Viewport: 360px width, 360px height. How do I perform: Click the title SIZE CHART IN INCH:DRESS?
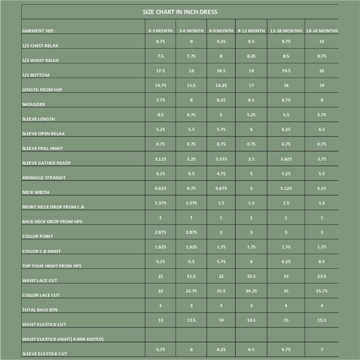[180, 12]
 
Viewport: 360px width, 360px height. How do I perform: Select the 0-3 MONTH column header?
[161, 31]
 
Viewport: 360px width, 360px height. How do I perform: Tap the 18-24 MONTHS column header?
[321, 31]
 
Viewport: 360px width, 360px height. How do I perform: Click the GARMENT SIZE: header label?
[39, 31]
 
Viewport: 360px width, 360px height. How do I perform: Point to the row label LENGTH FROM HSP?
[42, 90]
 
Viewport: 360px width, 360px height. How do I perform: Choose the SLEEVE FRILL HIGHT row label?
[42, 148]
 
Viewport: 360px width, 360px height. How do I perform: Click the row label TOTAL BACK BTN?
[40, 310]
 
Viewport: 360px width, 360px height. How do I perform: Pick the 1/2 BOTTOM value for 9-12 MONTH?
[251, 71]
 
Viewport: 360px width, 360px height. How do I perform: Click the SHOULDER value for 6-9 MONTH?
[221, 100]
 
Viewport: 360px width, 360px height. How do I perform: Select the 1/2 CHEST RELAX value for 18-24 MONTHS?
[321, 41]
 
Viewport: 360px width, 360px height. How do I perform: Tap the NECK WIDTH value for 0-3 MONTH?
[161, 188]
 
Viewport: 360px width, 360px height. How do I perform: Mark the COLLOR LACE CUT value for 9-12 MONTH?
[251, 291]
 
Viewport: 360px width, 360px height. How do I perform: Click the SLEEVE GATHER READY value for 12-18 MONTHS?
[286, 159]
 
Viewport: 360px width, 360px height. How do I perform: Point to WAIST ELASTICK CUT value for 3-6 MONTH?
[191, 320]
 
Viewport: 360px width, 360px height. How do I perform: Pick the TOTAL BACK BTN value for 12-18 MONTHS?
[286, 306]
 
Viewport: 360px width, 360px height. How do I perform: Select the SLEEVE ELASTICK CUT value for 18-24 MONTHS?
[321, 350]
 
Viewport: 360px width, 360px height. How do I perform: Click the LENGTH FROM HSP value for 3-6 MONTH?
[191, 85]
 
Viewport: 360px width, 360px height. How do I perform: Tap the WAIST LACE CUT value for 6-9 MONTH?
[221, 276]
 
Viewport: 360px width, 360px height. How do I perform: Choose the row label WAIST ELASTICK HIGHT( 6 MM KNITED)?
[63, 339]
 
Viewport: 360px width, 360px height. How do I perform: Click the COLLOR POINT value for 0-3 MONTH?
[161, 232]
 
